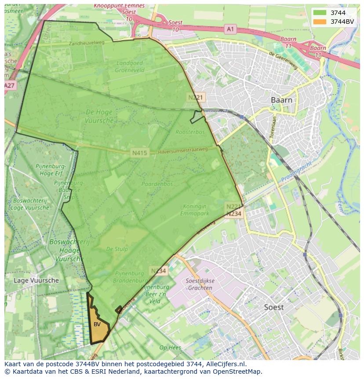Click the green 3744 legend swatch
click(x=320, y=13)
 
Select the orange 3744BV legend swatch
click(x=320, y=21)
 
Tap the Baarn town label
click(x=281, y=100)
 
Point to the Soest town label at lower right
click(x=273, y=307)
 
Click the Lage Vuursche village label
click(x=36, y=280)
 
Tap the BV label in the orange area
click(x=97, y=324)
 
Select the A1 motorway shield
click(x=230, y=29)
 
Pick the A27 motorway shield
click(x=10, y=85)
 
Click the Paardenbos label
click(x=157, y=184)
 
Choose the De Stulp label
click(x=117, y=249)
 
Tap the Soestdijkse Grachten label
click(x=199, y=285)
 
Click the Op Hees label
click(x=170, y=347)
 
